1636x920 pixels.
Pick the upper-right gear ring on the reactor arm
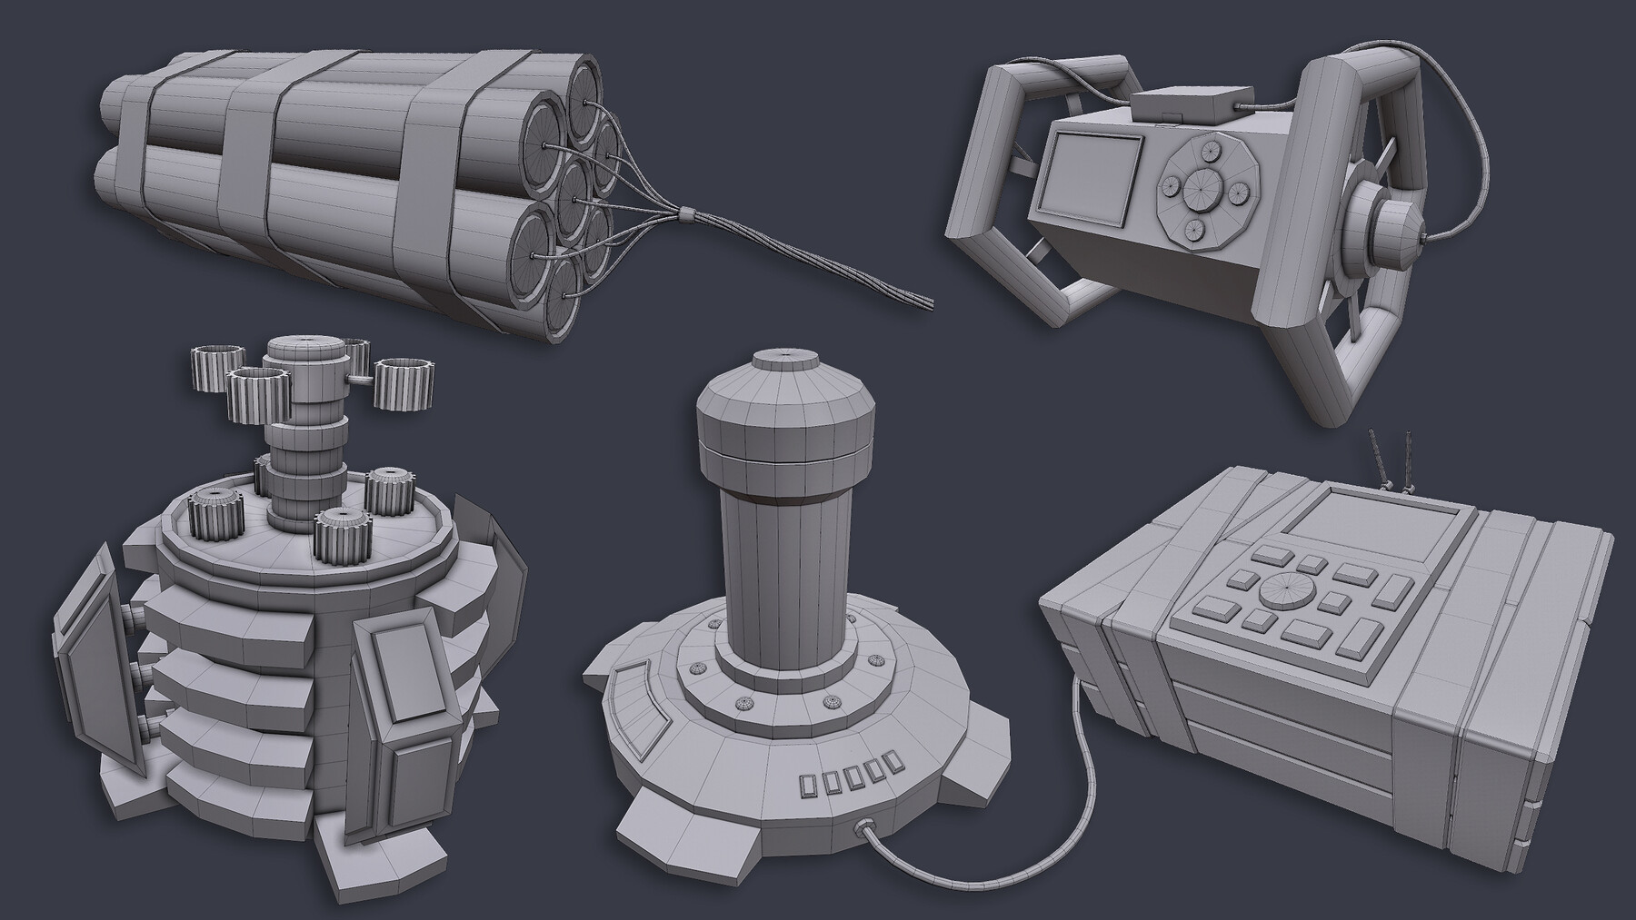click(403, 371)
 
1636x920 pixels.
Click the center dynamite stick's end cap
click(574, 193)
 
